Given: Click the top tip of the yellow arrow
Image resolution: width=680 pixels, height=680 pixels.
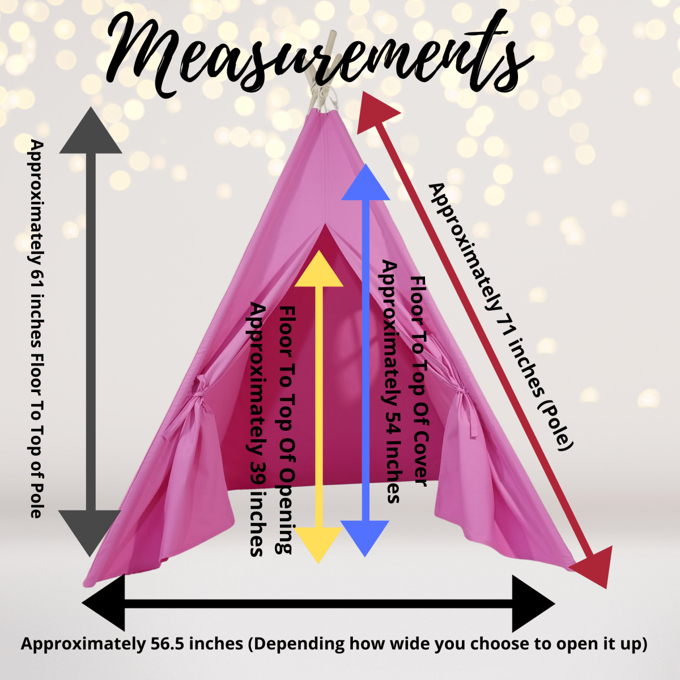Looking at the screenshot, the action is pos(319,250).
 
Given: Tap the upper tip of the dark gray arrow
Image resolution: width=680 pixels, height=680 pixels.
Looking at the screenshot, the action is pos(91,107).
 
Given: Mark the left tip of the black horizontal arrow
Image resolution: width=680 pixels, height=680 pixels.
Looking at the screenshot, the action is pos(82,603).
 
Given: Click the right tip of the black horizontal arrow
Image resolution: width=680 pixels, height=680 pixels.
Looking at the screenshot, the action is pos(555,604).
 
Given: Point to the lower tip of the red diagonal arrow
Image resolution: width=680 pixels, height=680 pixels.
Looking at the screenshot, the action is pos(607,589).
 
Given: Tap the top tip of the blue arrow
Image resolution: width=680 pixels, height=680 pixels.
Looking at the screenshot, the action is pos(365,164).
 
